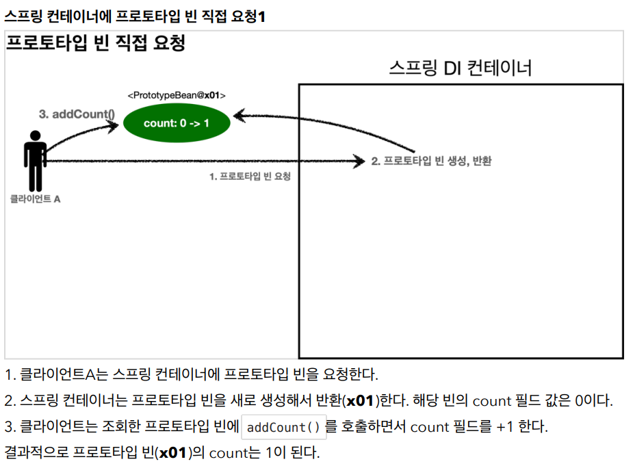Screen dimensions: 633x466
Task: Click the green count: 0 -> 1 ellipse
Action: pyautogui.click(x=177, y=122)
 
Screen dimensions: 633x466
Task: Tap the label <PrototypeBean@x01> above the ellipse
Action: pyautogui.click(x=177, y=95)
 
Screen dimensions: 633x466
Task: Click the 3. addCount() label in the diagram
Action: pyautogui.click(x=77, y=114)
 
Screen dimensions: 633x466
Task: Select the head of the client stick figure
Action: pyautogui.click(x=35, y=135)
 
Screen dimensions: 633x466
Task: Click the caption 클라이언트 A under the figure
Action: pyautogui.click(x=35, y=198)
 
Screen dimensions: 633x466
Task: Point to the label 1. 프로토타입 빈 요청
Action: pyautogui.click(x=250, y=176)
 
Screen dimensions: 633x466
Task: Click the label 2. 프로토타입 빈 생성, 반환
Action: pyautogui.click(x=431, y=161)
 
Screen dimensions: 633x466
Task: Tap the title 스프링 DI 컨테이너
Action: pyautogui.click(x=461, y=68)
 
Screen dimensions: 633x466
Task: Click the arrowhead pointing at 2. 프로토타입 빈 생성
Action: pyautogui.click(x=359, y=161)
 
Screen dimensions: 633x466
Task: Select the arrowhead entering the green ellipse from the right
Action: pyautogui.click(x=240, y=116)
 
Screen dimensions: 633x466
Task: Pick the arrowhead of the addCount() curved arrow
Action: pyautogui.click(x=113, y=126)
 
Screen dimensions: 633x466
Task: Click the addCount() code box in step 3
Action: pyautogui.click(x=283, y=427)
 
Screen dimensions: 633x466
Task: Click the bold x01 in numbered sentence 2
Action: pyautogui.click(x=360, y=401)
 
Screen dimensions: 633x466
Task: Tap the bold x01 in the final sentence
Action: pyautogui.click(x=172, y=453)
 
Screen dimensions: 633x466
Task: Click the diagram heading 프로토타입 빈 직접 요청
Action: pyautogui.click(x=96, y=43)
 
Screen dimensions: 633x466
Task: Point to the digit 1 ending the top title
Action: pyautogui.click(x=261, y=16)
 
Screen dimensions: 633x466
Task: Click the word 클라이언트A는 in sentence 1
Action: pyautogui.click(x=64, y=374)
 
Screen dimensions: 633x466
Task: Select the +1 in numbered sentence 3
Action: pyautogui.click(x=504, y=427)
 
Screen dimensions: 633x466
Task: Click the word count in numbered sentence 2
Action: pyautogui.click(x=492, y=401)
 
